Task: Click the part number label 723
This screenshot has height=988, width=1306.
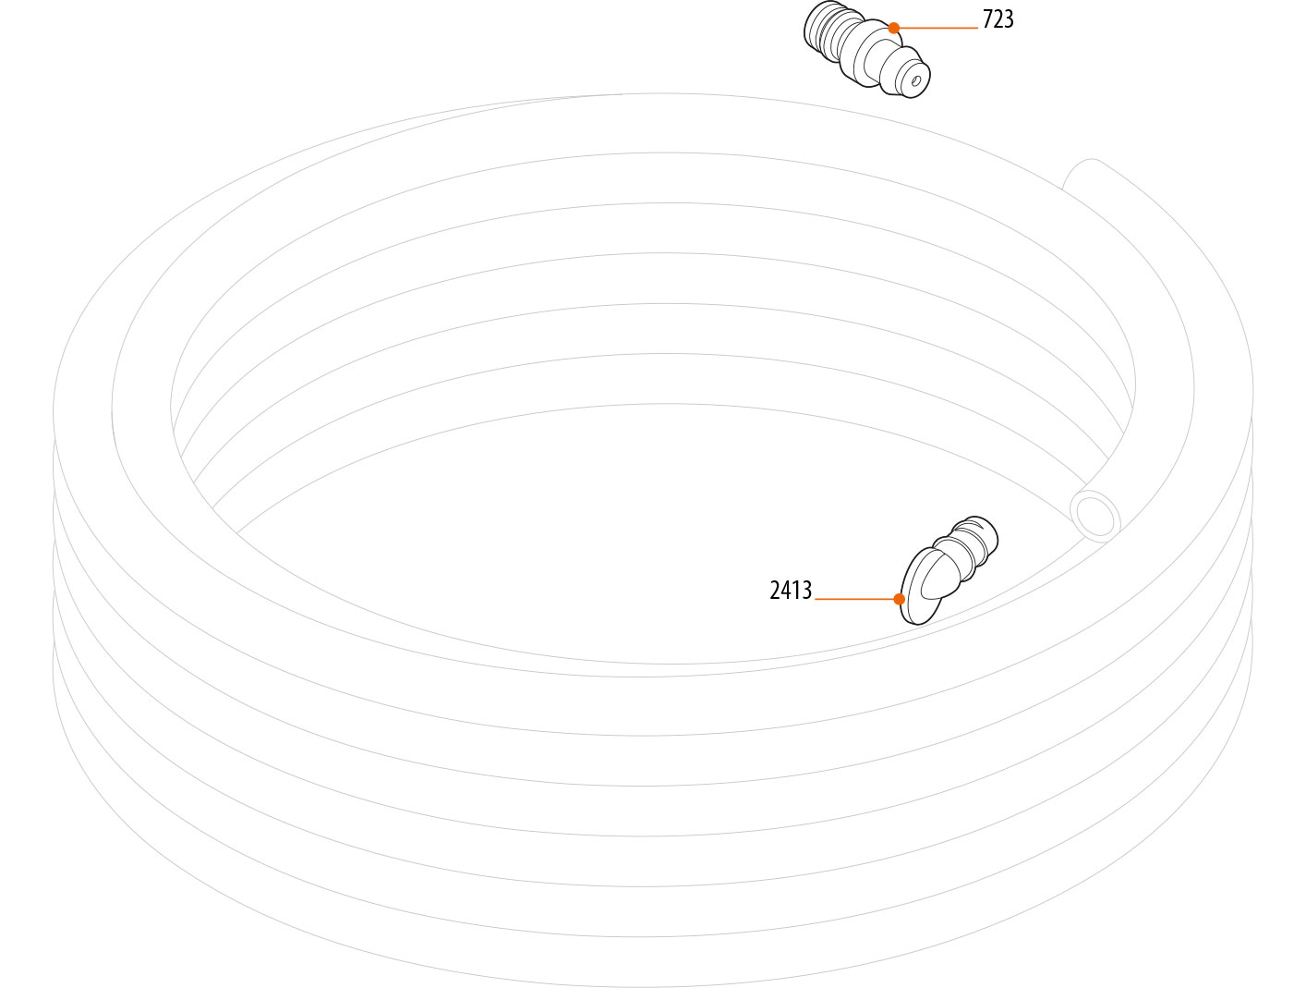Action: [x=998, y=19]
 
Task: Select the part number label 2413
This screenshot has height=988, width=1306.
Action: [x=791, y=591]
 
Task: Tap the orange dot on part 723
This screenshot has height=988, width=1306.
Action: [x=894, y=28]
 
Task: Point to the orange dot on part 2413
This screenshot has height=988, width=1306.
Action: [x=900, y=599]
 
